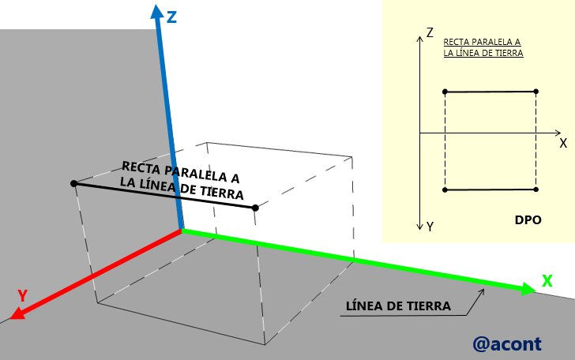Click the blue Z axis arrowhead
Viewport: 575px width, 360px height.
tap(157, 12)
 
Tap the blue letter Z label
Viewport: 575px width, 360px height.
tap(171, 17)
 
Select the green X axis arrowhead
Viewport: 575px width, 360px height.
tap(528, 289)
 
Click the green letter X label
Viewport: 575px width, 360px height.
tap(547, 281)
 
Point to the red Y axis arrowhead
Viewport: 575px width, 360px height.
tap(17, 313)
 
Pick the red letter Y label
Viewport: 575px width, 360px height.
tap(23, 295)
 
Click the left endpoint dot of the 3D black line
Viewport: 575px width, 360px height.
tap(73, 183)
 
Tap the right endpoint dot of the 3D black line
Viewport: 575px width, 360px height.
tap(256, 208)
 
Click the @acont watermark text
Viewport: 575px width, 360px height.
tap(507, 344)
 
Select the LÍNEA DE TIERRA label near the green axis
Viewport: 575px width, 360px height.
tap(398, 306)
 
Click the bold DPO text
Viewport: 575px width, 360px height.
tap(528, 220)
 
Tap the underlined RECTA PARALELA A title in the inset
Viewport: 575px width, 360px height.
tap(482, 42)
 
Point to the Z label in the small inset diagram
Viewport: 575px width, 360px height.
tap(430, 32)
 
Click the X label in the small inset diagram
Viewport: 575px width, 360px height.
tap(563, 143)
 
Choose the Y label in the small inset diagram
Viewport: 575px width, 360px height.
tap(430, 227)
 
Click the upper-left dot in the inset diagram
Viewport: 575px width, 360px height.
tap(445, 92)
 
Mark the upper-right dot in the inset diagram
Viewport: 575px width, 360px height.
tap(536, 91)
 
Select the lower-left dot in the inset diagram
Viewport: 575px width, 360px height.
tap(445, 189)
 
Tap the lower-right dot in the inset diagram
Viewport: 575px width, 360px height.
tap(536, 189)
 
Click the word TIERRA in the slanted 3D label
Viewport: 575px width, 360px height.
tap(222, 192)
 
